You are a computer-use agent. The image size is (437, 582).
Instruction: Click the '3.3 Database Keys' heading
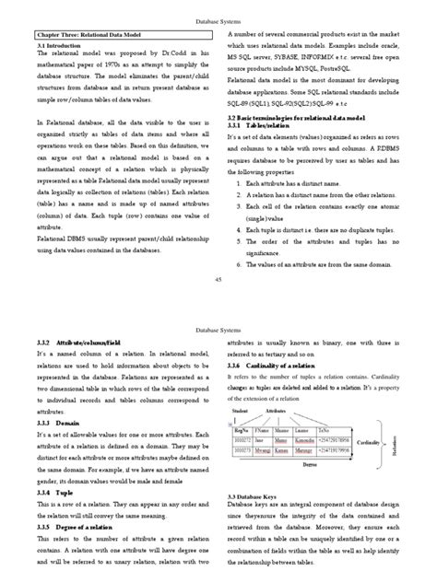[x=259, y=495]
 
